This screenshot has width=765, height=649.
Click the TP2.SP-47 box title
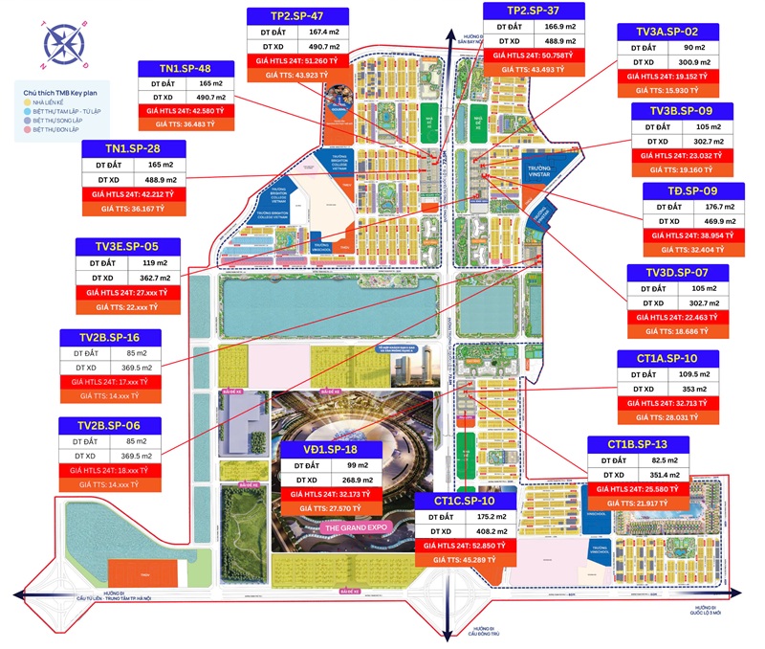point(295,14)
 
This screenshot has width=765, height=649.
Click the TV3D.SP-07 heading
point(676,274)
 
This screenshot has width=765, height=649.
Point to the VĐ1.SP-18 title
point(330,449)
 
